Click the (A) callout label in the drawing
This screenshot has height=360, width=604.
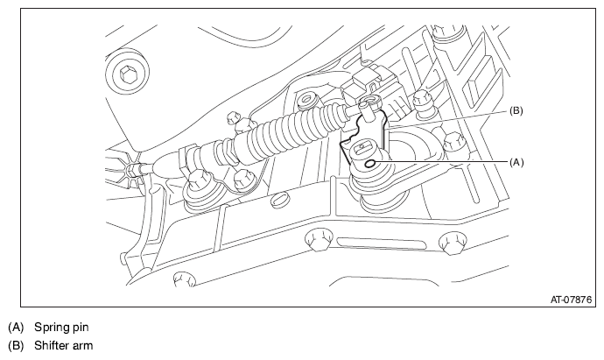[516, 163]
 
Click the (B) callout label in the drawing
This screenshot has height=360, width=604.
[516, 111]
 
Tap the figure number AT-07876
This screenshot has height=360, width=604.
[571, 300]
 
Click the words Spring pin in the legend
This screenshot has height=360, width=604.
[61, 328]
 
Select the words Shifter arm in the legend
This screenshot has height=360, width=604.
[64, 345]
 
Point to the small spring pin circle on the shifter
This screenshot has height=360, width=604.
[370, 164]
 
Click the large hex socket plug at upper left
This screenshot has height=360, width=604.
[126, 73]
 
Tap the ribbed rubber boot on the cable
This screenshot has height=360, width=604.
[287, 131]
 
